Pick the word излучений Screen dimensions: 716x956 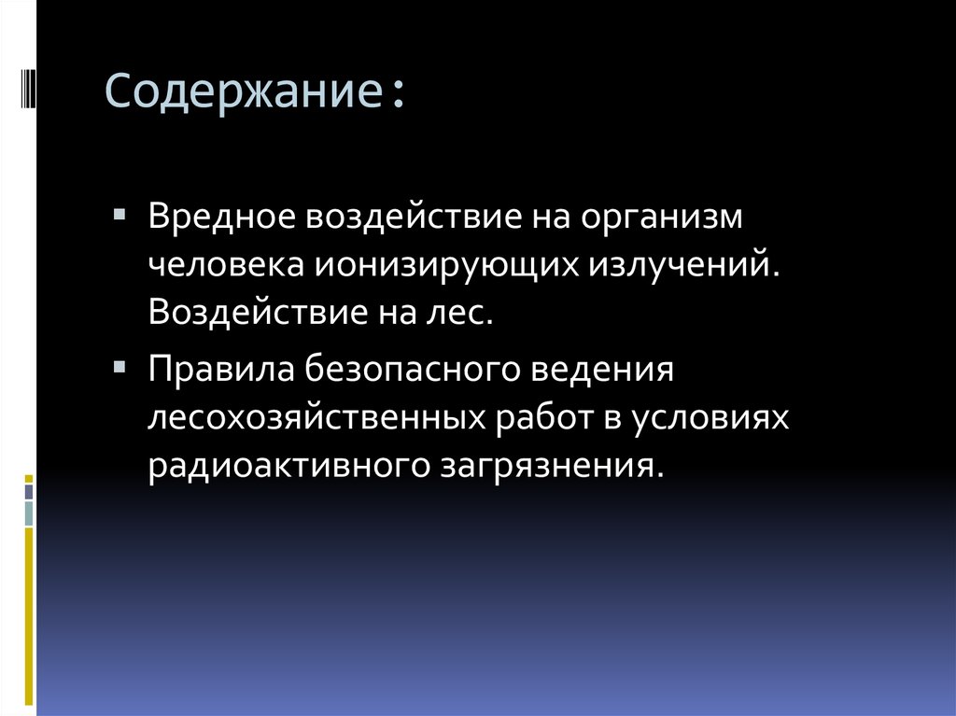682,265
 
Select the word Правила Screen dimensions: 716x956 219,369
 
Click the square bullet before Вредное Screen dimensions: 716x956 118,214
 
